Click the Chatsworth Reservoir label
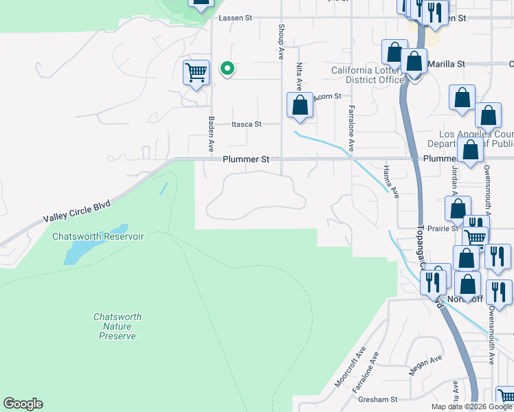click(98, 236)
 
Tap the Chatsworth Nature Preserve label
click(117, 326)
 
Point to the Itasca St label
click(247, 124)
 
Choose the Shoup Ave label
click(281, 43)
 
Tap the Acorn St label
click(328, 98)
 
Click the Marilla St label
click(446, 64)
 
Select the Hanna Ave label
click(390, 182)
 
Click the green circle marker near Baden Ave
click(227, 68)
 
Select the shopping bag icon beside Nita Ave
click(300, 105)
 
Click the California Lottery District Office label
click(368, 75)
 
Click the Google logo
click(23, 404)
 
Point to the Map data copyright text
click(471, 407)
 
